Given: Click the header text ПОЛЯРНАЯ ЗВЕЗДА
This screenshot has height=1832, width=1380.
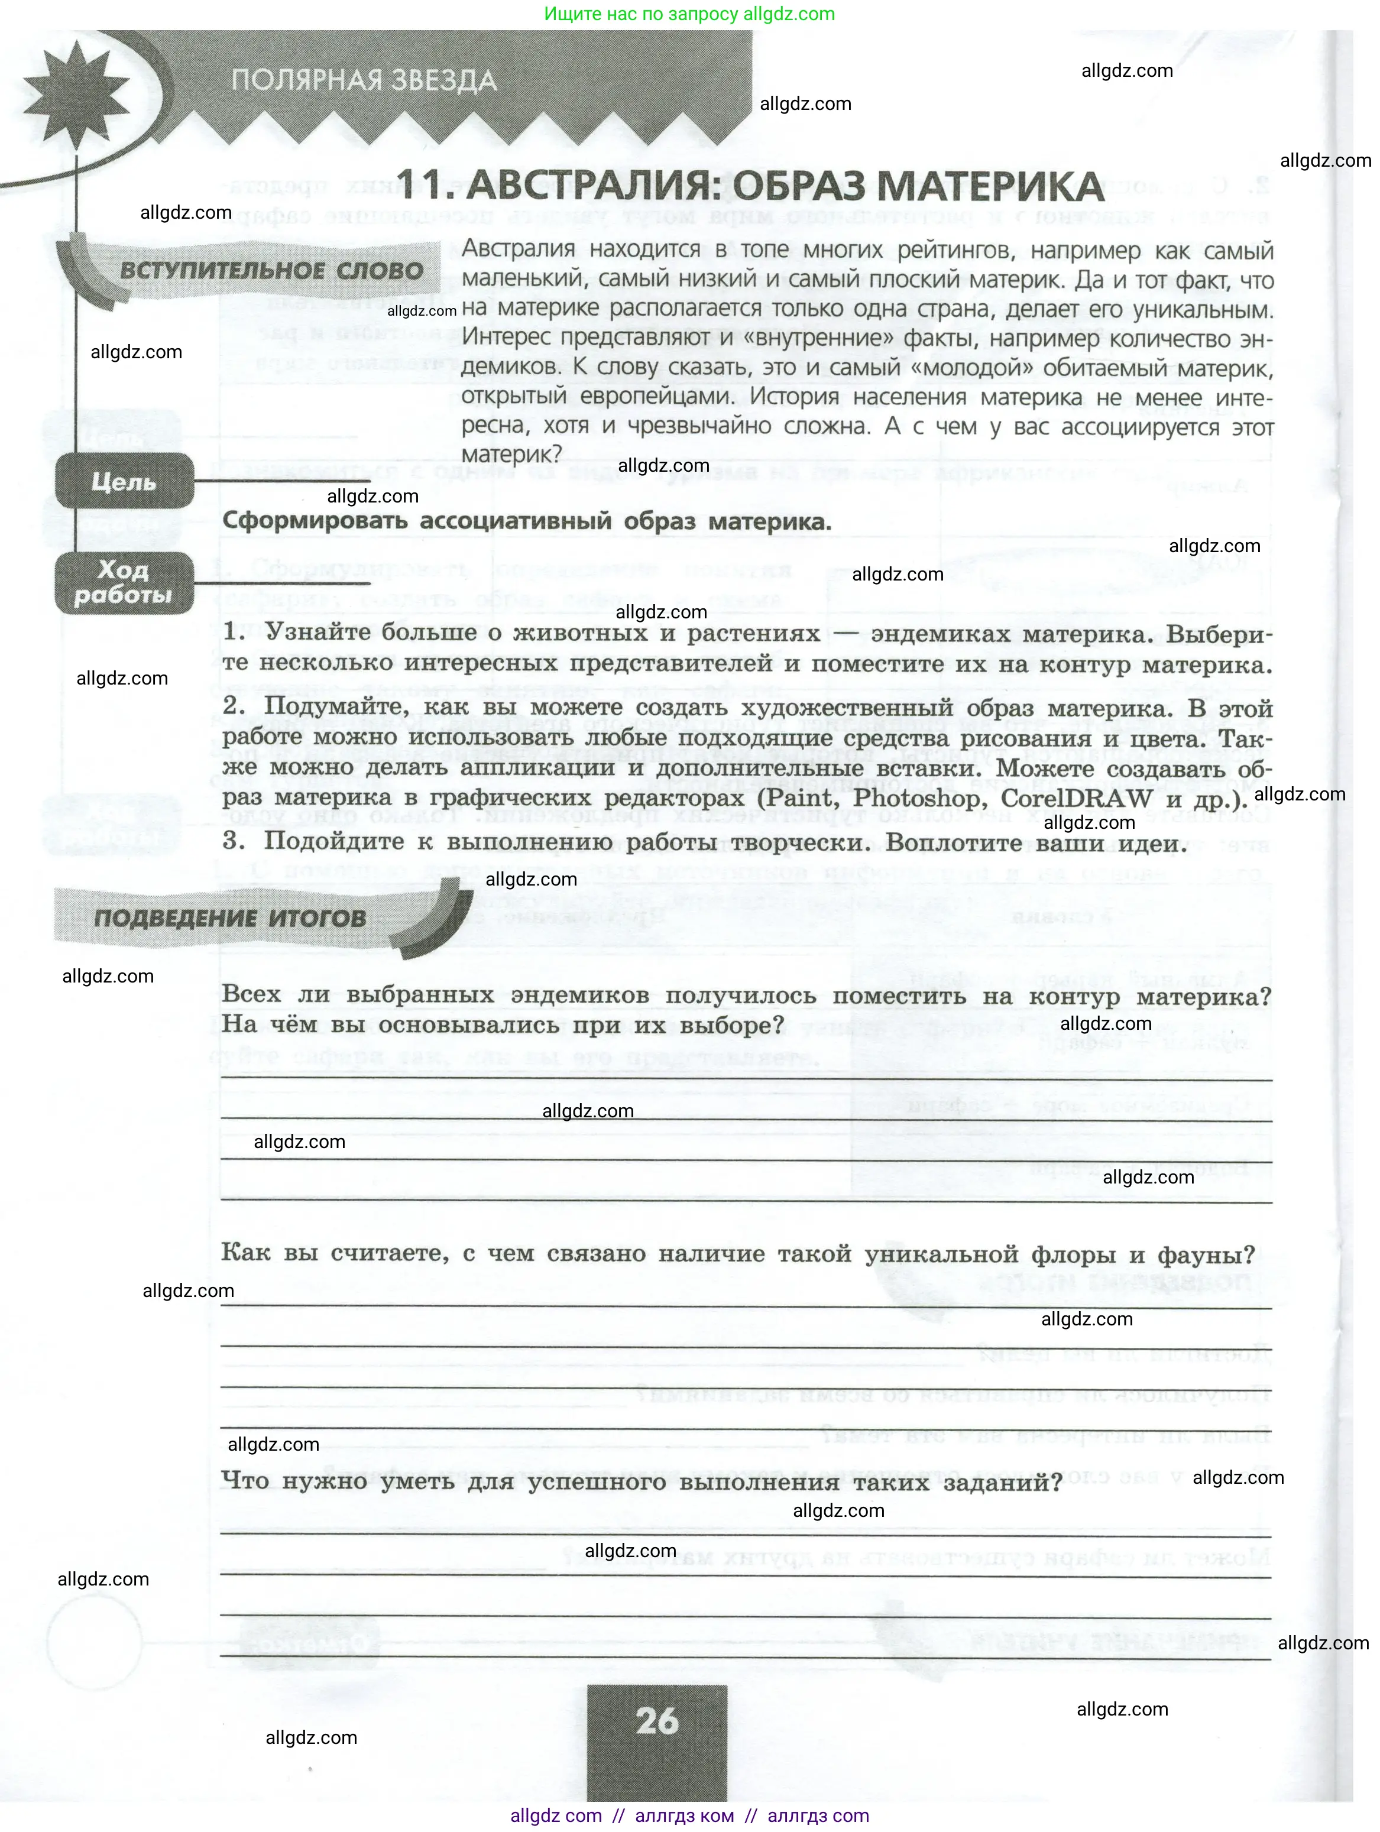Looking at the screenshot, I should click(x=364, y=81).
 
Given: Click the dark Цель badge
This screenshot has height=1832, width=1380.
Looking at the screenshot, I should click(x=124, y=481).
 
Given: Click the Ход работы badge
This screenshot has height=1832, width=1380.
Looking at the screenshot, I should click(x=124, y=582).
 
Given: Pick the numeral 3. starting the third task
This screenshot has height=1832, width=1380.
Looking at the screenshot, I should click(x=234, y=841).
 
